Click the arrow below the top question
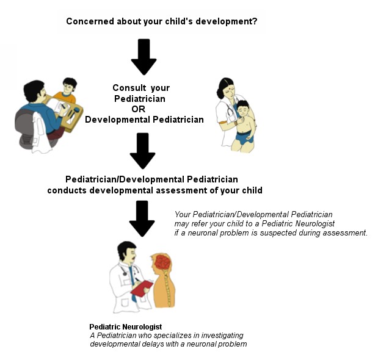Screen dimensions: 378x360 [144, 57]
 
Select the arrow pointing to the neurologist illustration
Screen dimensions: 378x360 [142, 218]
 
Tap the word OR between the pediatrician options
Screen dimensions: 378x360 [139, 109]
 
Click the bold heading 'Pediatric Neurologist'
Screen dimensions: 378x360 [126, 327]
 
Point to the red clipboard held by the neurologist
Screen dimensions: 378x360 [142, 288]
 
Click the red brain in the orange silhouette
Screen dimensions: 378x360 [163, 262]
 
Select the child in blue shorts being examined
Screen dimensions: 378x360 [243, 126]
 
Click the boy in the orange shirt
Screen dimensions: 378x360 [66, 90]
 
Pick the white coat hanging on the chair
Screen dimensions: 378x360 [40, 133]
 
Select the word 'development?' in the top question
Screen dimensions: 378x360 [227, 21]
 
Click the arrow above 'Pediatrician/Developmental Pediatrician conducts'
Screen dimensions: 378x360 [142, 151]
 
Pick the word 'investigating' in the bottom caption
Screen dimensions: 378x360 [222, 336]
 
